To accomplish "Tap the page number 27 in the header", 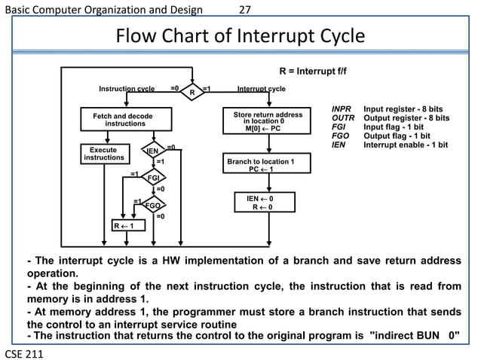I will coord(244,9).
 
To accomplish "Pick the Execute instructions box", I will coord(103,154).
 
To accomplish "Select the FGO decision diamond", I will coord(152,206).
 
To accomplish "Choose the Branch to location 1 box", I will coord(261,165).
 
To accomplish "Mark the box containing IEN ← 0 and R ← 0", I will coord(261,203).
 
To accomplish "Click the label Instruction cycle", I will coord(127,89).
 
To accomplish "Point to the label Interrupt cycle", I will coord(261,89).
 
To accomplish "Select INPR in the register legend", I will coord(342,110).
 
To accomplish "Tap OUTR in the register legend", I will coord(343,118).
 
